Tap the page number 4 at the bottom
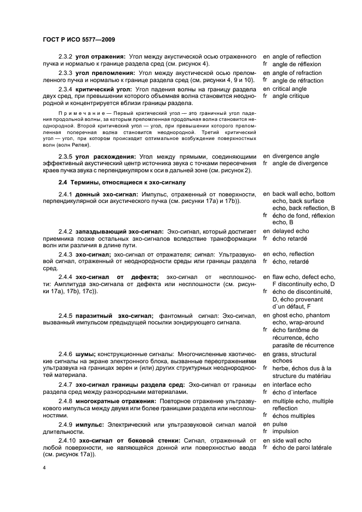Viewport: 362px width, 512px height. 44,468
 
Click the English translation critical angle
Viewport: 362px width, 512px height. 290,89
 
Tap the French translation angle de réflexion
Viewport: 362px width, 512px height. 296,64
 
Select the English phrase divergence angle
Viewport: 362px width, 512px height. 296,155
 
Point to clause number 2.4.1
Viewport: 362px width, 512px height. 65,194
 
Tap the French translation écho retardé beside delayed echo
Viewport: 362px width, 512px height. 289,239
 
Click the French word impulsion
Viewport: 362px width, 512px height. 285,431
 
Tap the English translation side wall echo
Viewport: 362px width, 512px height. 291,440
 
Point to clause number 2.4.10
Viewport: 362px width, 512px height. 67,440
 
